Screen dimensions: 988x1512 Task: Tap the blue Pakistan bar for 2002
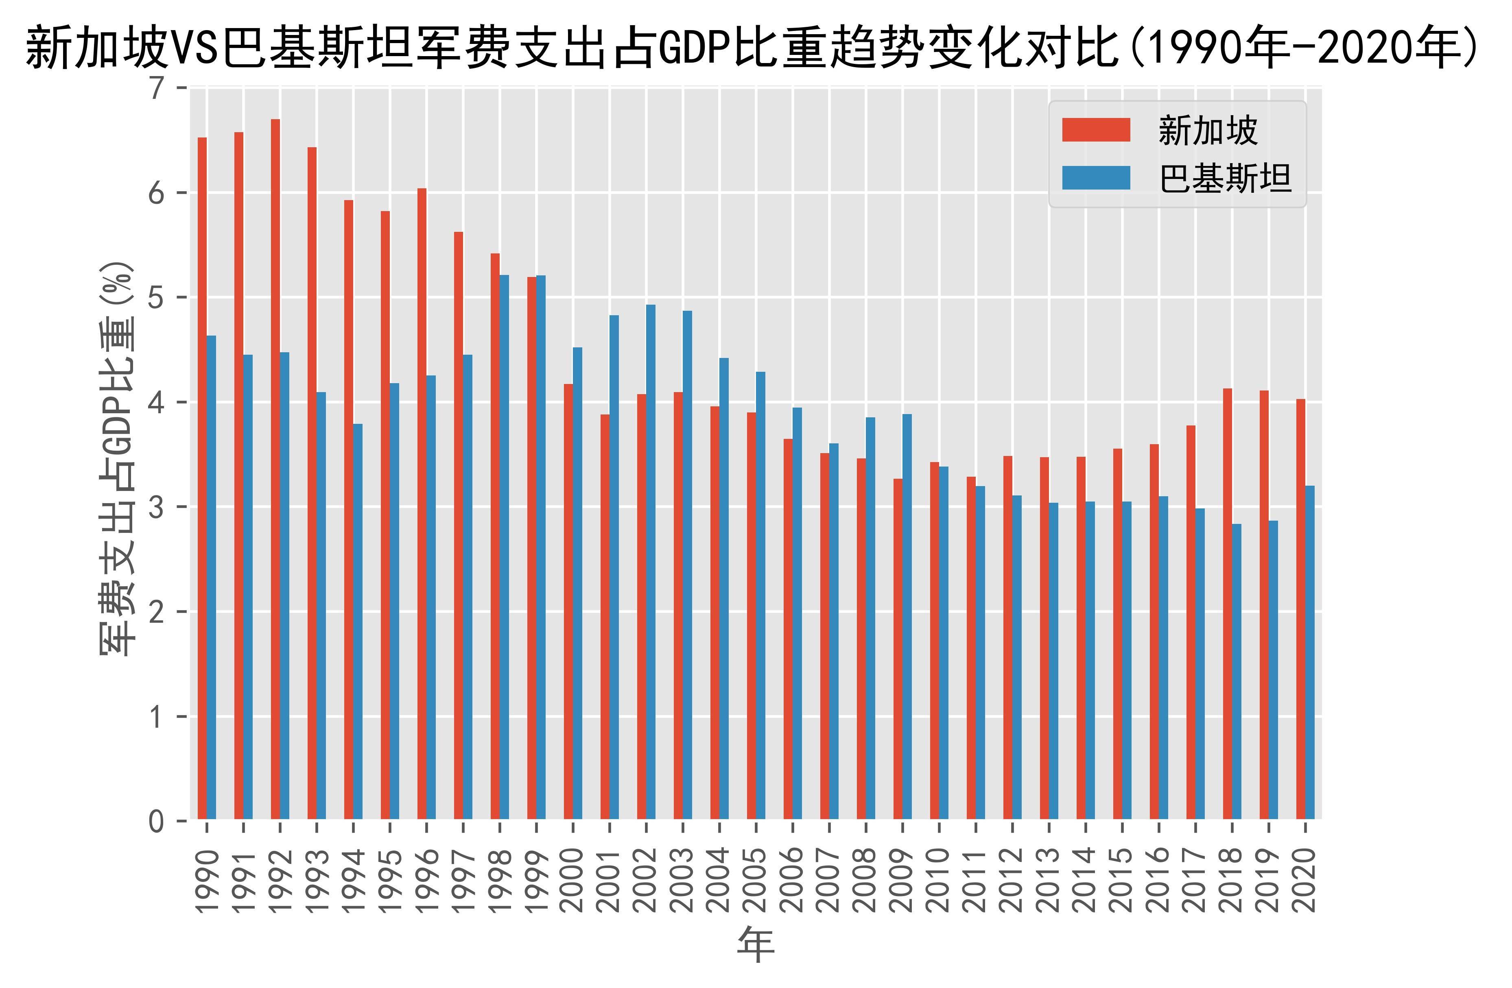[651, 562]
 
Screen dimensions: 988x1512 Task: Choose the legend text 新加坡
[1208, 131]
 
